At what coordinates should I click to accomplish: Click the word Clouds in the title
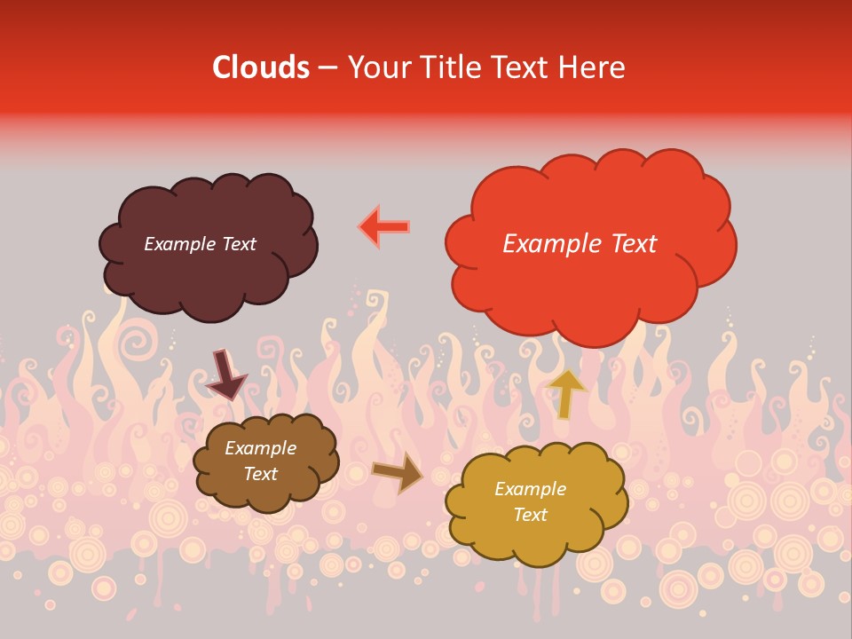[x=261, y=67]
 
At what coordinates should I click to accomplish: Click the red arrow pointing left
[x=384, y=226]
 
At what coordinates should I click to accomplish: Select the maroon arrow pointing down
[x=225, y=374]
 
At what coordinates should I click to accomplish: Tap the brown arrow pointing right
[x=398, y=473]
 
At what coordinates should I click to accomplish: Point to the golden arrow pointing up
[x=567, y=392]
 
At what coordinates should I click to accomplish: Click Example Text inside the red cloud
[x=580, y=244]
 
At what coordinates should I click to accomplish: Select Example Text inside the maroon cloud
[x=200, y=244]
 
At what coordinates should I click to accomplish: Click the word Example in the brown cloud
[x=260, y=448]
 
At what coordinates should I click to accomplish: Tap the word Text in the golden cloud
[x=530, y=515]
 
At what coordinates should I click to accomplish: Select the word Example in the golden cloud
[x=530, y=489]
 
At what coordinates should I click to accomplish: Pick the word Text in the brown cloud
[x=260, y=474]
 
